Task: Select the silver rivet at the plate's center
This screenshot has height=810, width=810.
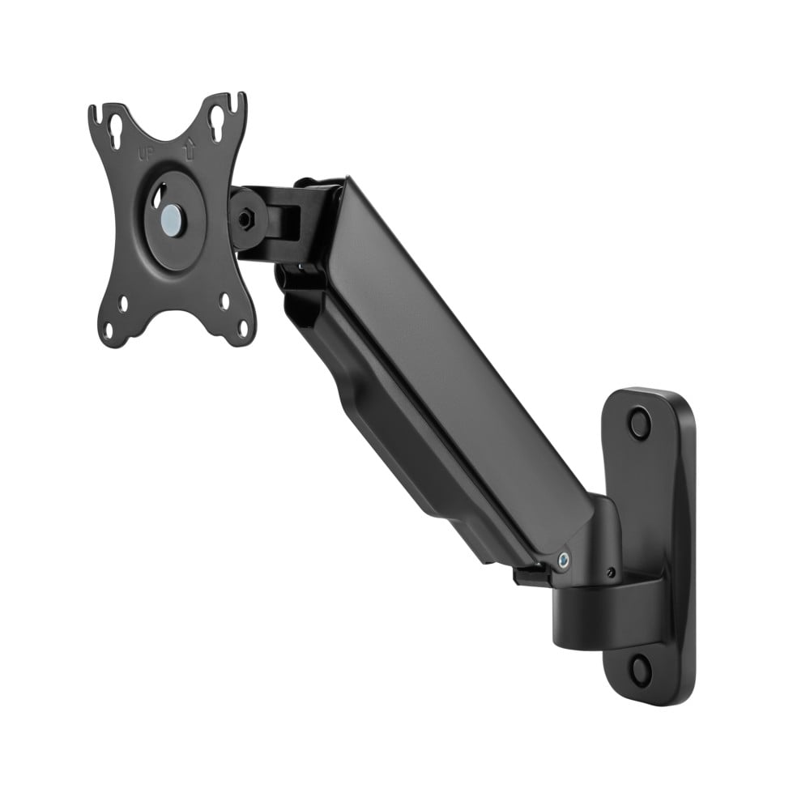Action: coord(171,219)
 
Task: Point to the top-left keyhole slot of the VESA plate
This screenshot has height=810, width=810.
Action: coord(116,130)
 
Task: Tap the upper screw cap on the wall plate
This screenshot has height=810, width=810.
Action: coord(640,423)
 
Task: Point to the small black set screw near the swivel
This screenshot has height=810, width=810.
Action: coord(610,573)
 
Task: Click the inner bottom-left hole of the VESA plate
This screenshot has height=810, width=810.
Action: coord(124,306)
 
